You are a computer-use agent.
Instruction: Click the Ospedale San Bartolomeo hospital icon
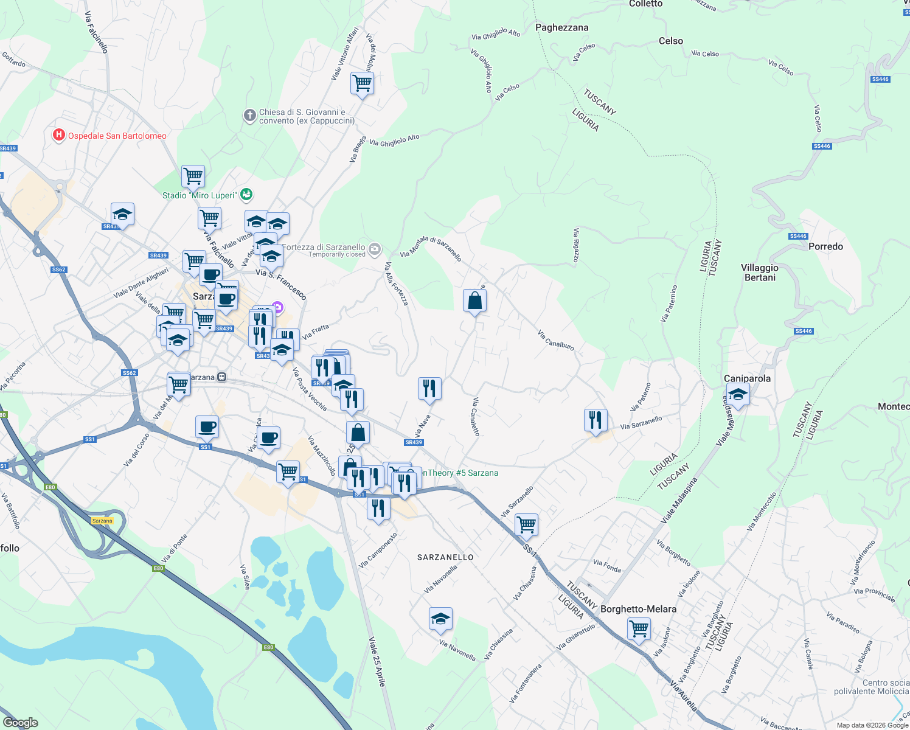coord(59,135)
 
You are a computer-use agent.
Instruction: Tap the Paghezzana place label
coord(561,27)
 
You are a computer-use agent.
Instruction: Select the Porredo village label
coord(825,246)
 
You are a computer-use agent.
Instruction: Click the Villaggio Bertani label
coord(760,273)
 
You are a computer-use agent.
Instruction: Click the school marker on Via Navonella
coord(440,619)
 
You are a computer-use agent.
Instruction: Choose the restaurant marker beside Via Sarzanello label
coord(596,420)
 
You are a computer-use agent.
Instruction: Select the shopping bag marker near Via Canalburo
coord(474,301)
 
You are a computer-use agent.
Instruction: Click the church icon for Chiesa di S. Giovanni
coord(249,116)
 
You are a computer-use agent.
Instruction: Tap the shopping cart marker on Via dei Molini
coord(362,83)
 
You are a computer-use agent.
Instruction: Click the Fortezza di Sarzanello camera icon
coord(375,248)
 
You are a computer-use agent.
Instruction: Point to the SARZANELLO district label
coord(445,557)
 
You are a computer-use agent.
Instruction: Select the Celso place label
coord(671,41)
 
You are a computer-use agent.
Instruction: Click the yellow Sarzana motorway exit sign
coord(102,521)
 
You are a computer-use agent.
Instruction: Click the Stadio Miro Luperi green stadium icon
coord(246,195)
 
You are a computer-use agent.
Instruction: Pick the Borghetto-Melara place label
coord(638,609)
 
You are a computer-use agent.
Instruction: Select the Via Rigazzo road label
coord(575,246)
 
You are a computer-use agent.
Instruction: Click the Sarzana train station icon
coord(222,377)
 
